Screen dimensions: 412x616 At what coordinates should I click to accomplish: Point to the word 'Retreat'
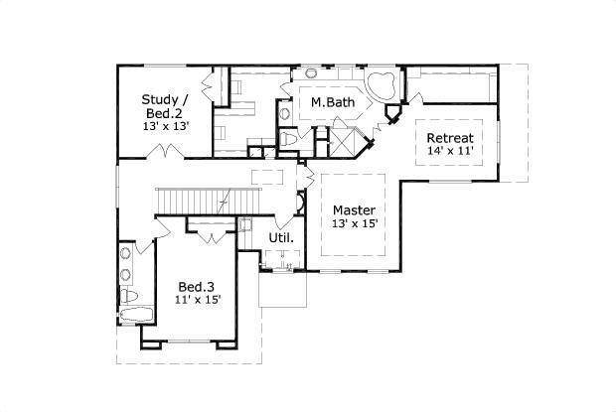[449, 137]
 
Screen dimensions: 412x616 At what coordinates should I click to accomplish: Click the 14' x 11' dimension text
[449, 151]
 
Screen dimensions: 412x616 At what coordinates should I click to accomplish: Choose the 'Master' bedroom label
[354, 209]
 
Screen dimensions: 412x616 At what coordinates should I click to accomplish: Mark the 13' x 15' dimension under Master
[355, 224]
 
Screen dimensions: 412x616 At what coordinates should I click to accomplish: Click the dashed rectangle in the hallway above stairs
[268, 176]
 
